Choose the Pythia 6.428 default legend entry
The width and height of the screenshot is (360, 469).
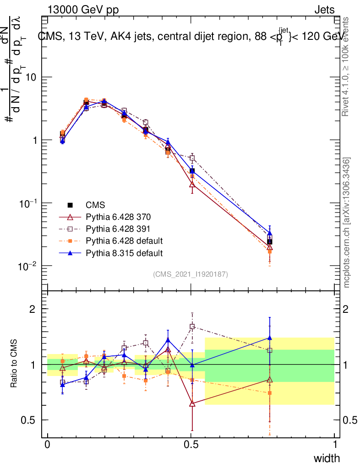click(124, 240)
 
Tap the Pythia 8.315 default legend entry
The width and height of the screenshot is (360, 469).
click(124, 253)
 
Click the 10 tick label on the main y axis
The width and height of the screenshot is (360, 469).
click(30, 77)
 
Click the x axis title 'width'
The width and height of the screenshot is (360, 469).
click(327, 458)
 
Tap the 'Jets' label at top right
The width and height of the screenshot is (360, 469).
click(324, 10)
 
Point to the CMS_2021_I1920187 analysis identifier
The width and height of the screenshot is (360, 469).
click(191, 274)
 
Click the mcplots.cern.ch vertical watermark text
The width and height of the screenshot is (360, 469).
click(347, 223)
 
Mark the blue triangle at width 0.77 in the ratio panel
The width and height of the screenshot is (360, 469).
click(270, 338)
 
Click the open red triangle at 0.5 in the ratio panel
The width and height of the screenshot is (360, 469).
click(192, 404)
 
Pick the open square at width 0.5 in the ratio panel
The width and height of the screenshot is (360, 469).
click(192, 327)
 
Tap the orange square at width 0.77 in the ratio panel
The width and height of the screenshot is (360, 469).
click(270, 393)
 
